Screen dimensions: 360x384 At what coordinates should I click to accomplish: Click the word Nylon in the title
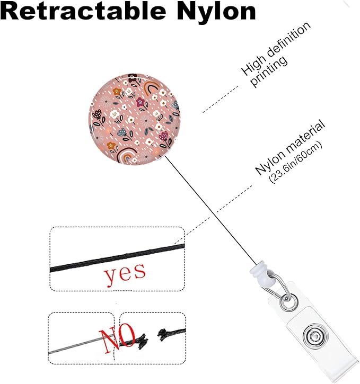coord(216,12)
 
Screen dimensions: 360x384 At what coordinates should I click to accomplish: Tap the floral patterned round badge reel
coord(135,119)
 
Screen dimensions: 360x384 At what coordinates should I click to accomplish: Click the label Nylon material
coord(290,147)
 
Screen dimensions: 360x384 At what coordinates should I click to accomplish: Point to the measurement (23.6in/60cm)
coord(295,163)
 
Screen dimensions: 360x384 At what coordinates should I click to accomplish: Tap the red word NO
coord(117,338)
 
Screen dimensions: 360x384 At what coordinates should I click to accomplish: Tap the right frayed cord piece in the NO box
coord(171,334)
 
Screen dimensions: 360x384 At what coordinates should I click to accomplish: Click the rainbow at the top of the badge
coord(152,87)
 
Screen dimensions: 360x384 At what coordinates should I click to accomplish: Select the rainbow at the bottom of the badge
coord(127,155)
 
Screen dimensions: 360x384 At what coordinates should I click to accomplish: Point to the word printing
coord(269,72)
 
